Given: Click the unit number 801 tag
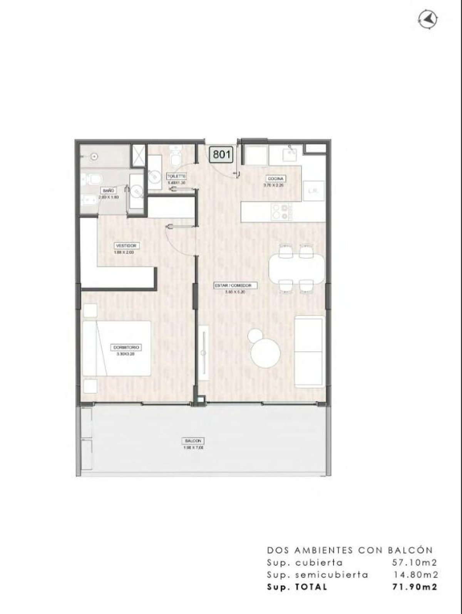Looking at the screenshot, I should click(x=222, y=155).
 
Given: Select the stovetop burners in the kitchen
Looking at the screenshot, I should click(x=281, y=211).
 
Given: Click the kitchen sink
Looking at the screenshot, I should click(x=290, y=154).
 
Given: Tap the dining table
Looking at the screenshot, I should click(x=296, y=270).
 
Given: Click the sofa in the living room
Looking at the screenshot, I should click(x=308, y=351).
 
